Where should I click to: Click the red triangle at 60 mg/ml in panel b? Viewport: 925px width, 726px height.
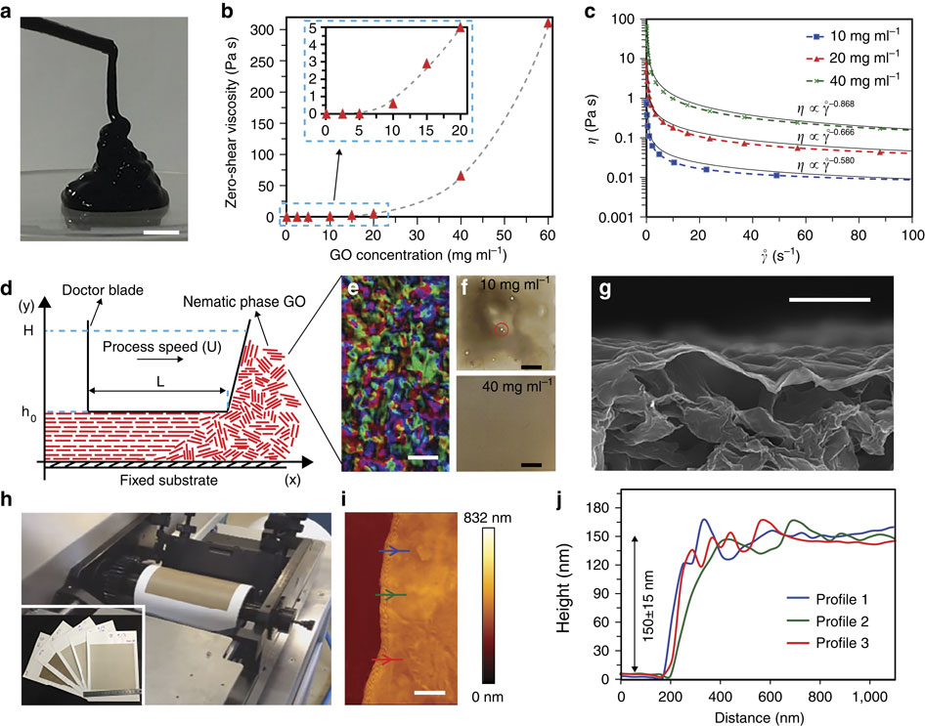coord(548,23)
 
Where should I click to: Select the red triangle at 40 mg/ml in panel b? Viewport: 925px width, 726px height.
coord(460,176)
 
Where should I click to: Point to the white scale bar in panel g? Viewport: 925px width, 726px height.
coord(828,301)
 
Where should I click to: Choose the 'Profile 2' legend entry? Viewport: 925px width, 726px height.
coord(822,618)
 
